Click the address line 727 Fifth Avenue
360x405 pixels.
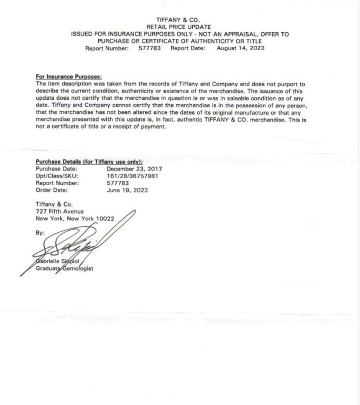pyautogui.click(x=60, y=211)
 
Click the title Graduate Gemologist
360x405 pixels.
pyautogui.click(x=64, y=268)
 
